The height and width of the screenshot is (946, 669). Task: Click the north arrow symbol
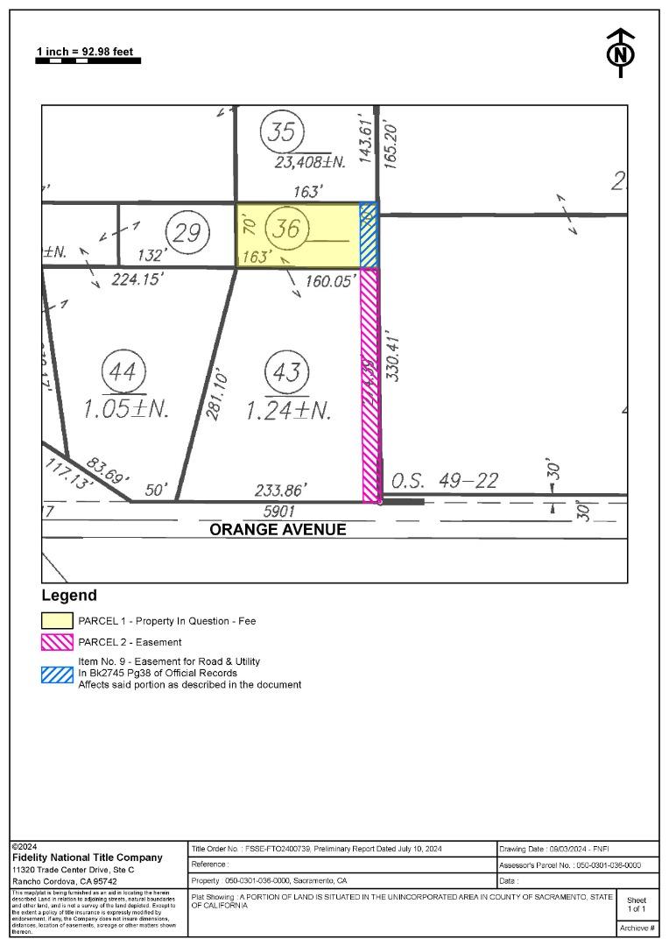tap(621, 53)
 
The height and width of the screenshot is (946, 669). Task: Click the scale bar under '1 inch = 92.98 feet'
tap(88, 61)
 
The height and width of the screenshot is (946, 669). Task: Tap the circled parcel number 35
tap(282, 133)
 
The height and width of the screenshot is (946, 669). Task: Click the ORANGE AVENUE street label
tap(278, 530)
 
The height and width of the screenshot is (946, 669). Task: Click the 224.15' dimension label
tap(137, 280)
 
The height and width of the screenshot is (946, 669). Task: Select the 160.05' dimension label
tap(329, 281)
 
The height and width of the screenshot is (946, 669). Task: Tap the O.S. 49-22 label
tap(444, 481)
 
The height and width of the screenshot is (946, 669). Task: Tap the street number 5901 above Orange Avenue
tap(279, 511)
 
